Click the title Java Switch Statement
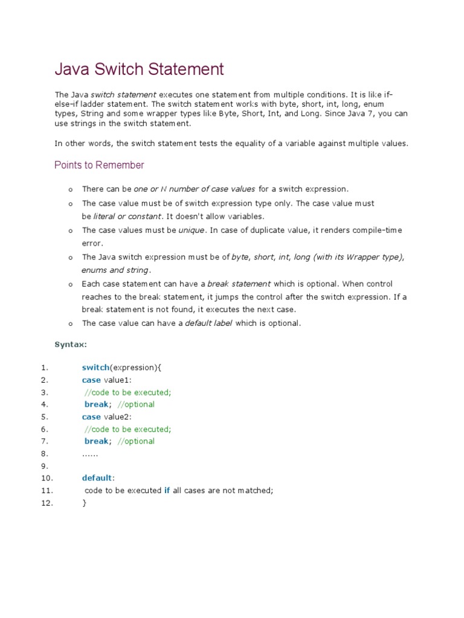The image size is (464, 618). click(139, 69)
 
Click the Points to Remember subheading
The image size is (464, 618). click(99, 165)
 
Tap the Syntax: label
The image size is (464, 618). click(71, 345)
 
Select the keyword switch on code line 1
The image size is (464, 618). click(95, 368)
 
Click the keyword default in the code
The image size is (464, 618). click(97, 478)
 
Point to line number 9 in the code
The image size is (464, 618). click(44, 466)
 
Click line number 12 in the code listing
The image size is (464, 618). click(47, 503)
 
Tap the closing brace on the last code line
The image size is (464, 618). click(85, 503)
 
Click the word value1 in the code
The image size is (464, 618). click(117, 380)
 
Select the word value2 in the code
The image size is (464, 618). click(117, 416)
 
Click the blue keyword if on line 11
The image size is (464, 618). click(167, 491)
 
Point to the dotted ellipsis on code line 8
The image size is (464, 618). click(90, 453)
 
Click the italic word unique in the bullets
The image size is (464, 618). click(192, 231)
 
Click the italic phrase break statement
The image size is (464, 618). click(239, 284)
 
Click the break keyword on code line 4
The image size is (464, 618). click(96, 404)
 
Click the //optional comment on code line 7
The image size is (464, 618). click(136, 441)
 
